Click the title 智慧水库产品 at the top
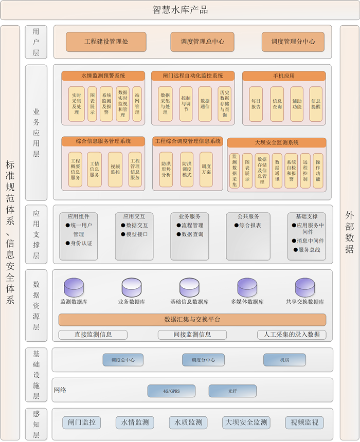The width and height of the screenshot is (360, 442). click(x=180, y=10)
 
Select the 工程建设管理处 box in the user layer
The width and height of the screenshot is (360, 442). click(x=106, y=42)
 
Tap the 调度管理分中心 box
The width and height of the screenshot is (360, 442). click(x=293, y=42)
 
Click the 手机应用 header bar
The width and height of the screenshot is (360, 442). click(x=284, y=76)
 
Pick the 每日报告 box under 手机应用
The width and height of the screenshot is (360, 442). click(x=256, y=104)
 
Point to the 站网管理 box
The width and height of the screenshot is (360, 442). click(x=137, y=104)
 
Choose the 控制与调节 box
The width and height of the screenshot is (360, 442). click(x=185, y=104)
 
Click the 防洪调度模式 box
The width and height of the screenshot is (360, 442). click(x=187, y=169)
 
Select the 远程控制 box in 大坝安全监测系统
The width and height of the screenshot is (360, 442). click(x=305, y=170)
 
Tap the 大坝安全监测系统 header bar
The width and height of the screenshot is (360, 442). click(x=277, y=142)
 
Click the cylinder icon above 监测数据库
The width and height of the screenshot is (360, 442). click(x=74, y=287)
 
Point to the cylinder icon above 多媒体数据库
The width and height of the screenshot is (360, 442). click(x=247, y=287)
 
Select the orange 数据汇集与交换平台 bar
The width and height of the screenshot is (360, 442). click(x=192, y=320)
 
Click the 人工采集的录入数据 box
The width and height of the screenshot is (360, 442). click(x=292, y=335)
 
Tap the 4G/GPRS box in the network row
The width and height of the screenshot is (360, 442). click(x=171, y=391)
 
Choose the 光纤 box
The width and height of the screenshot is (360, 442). click(x=232, y=391)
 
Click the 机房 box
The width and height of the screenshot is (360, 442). click(x=284, y=360)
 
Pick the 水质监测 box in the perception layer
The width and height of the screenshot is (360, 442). click(x=188, y=422)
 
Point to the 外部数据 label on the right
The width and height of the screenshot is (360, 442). click(x=349, y=231)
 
